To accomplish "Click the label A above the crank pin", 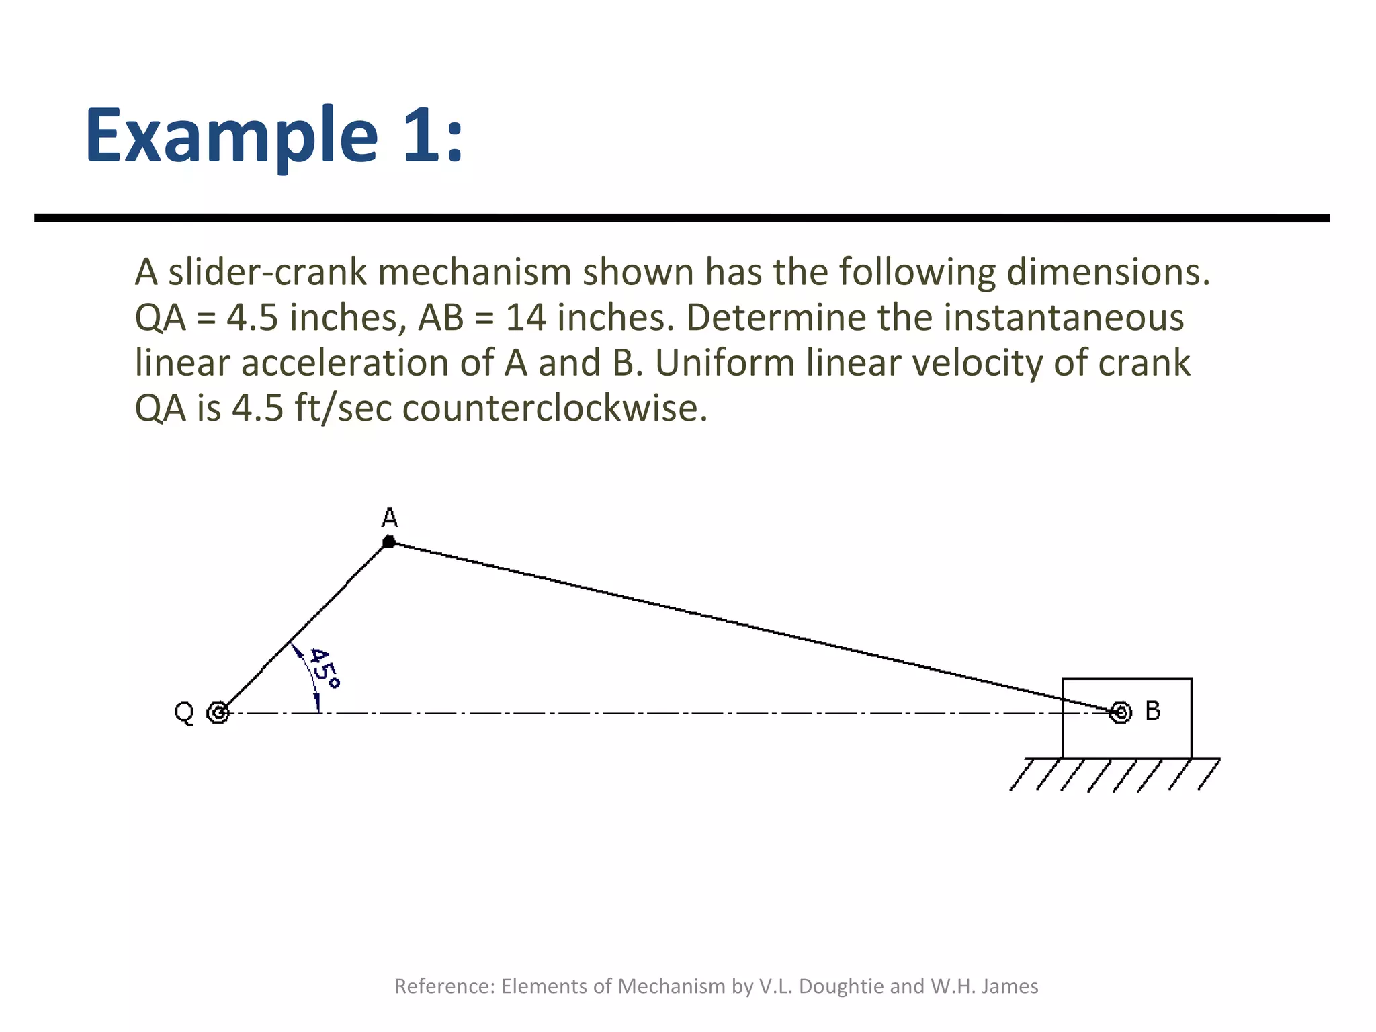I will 390,518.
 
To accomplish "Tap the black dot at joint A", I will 389,542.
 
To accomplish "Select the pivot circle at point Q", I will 218,712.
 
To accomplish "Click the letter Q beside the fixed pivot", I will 184,712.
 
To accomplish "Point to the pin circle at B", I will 1120,712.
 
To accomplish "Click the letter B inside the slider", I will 1153,711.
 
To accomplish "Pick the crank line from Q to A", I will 302,628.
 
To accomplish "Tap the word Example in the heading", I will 231,136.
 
